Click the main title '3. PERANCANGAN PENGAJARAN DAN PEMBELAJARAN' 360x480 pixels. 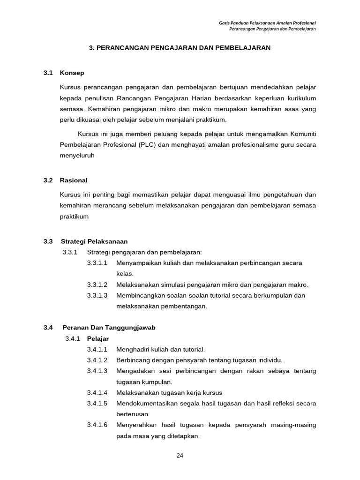180,48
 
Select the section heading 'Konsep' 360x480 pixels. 72,73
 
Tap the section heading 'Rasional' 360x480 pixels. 74,180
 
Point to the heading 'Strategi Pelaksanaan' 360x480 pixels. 94,241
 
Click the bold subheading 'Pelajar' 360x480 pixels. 98,338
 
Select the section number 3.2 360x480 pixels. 48,180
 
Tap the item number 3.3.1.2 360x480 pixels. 97,285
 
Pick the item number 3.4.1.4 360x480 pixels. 97,392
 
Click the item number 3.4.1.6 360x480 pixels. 97,425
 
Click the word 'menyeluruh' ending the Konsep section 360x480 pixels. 77,156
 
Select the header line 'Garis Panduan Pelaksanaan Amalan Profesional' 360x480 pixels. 268,22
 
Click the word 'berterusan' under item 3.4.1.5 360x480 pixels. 133,414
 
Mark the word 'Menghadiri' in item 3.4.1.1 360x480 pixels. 132,349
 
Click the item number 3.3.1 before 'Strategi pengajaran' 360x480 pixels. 69,252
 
